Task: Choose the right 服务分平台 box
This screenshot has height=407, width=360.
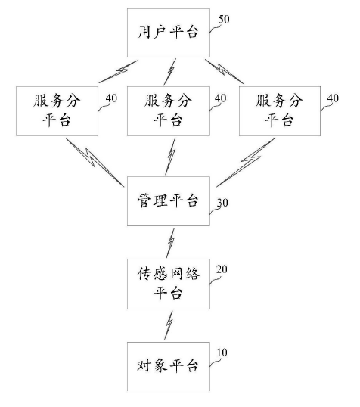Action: click(x=277, y=111)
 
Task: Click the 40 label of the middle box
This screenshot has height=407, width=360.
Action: click(x=221, y=98)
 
